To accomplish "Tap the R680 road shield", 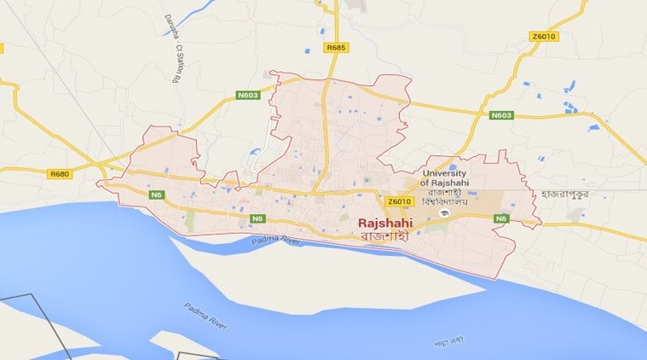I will (59, 174).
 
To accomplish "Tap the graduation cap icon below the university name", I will (448, 214).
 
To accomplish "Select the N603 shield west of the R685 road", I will (247, 96).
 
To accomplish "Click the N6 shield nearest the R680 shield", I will (156, 195).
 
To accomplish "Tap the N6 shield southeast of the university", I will (503, 219).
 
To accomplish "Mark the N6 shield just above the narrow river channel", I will (257, 219).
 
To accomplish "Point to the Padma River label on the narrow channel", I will (277, 242).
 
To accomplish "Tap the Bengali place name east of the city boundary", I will (575, 195).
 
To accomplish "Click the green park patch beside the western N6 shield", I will (188, 220).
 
